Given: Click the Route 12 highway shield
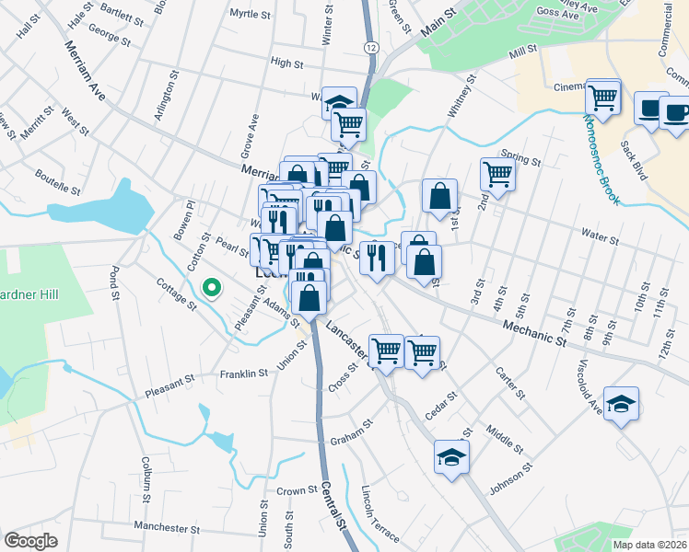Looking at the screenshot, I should click(x=370, y=46).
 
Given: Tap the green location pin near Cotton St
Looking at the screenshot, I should click(x=212, y=289).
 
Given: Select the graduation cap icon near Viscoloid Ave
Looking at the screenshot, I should click(x=621, y=403).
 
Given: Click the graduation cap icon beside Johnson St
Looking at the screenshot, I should click(x=451, y=457).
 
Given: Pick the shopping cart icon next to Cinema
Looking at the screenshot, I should click(x=603, y=96).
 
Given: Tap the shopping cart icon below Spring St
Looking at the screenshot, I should click(x=497, y=173).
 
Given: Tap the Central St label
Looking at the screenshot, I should click(x=333, y=506).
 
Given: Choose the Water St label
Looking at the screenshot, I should click(x=600, y=240).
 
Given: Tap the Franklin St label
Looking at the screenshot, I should click(x=243, y=374).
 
